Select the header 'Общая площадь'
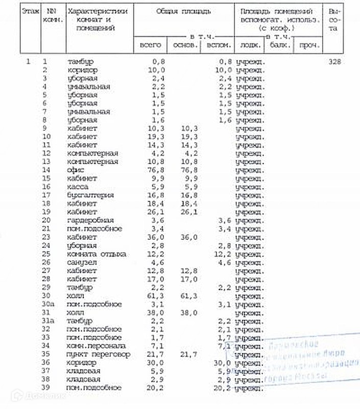click(x=184, y=10)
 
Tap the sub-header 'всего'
click(x=150, y=44)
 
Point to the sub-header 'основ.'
click(x=185, y=44)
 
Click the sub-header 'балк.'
click(x=279, y=44)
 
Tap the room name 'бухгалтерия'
click(x=89, y=195)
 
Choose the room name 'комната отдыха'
click(x=97, y=254)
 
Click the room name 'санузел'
click(x=81, y=262)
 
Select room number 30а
click(x=48, y=304)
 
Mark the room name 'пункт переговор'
click(x=99, y=354)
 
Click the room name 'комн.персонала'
click(x=92, y=346)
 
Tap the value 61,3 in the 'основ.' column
click(x=188, y=296)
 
